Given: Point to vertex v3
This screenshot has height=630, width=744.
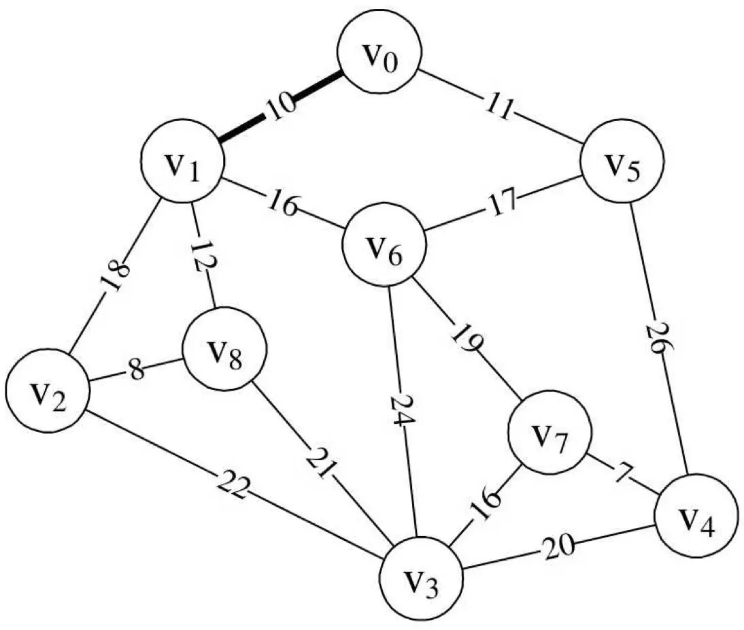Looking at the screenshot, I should tap(421, 582).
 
